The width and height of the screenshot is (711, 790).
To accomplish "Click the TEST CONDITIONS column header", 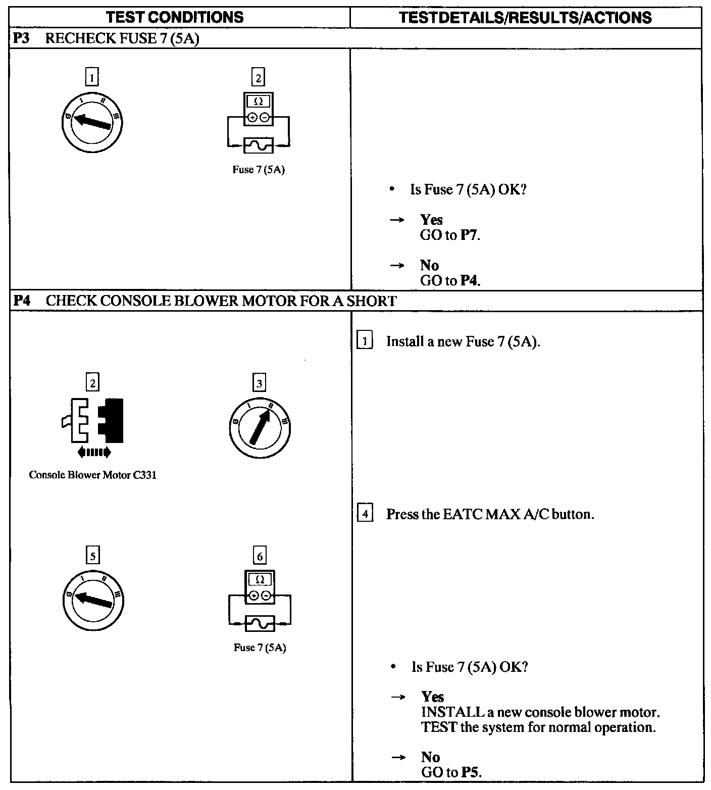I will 175,18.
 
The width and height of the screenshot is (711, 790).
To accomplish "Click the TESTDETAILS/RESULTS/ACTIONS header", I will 525,18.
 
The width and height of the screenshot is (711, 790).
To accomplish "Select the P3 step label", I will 21,39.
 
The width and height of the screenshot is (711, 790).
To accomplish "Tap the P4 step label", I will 21,301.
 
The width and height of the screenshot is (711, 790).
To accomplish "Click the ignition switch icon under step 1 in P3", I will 92,122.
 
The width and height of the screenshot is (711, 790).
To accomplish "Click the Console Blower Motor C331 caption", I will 92,475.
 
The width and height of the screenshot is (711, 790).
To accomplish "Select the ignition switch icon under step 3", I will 259,428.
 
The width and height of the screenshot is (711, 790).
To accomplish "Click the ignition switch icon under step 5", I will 93,600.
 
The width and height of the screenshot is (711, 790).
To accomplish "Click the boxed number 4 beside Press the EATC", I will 365,515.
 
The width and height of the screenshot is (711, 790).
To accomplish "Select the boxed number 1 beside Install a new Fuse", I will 365,341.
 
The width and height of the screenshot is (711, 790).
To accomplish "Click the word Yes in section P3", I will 431,220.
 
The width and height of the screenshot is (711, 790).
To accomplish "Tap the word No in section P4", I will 430,757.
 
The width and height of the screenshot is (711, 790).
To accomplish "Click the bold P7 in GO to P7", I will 469,235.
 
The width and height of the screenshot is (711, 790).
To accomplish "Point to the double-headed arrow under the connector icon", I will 94,453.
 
